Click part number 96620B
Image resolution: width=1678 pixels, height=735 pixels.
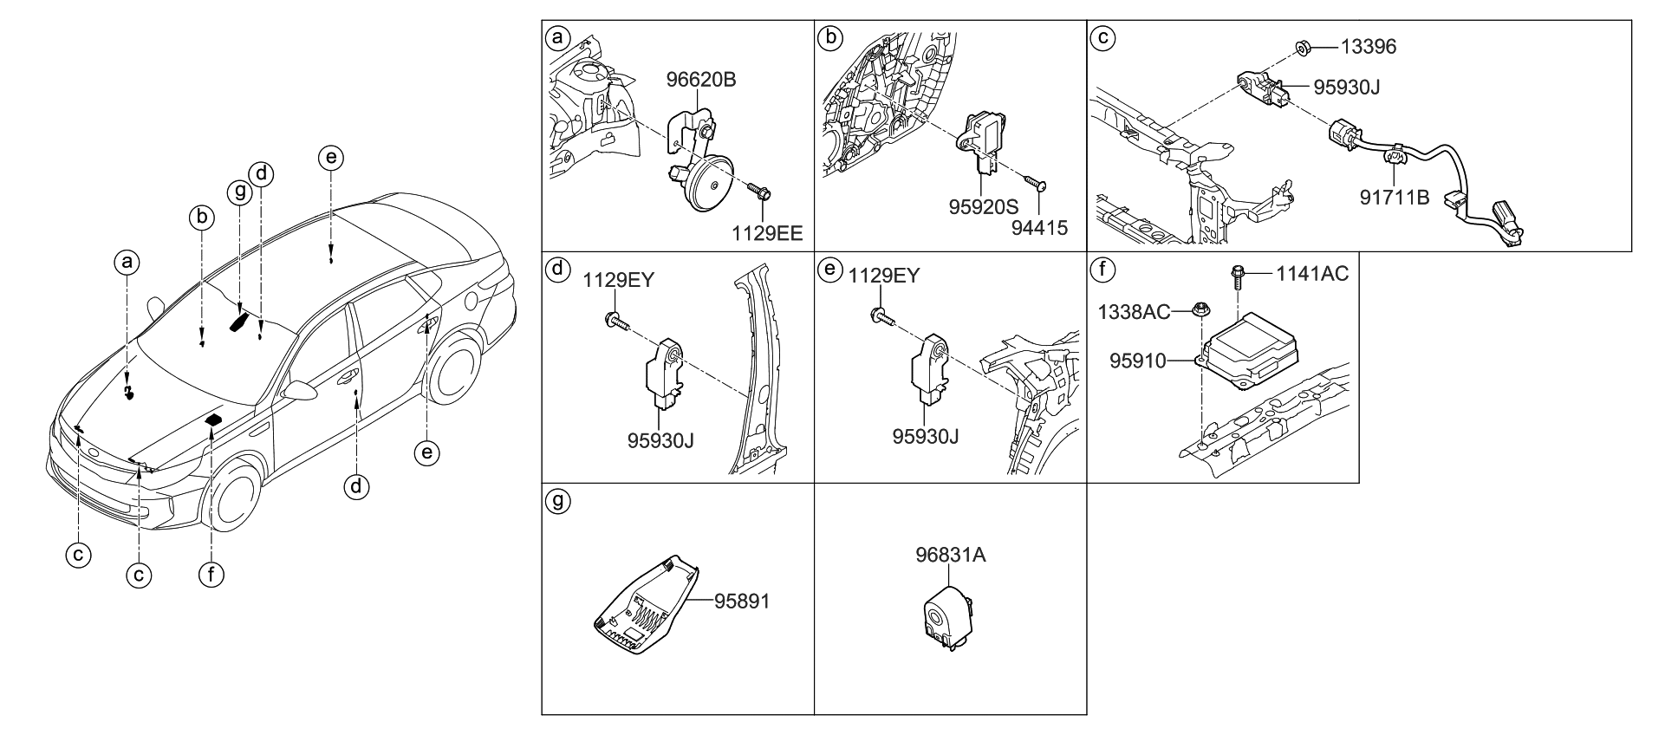700,81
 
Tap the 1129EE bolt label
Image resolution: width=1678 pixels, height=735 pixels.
766,232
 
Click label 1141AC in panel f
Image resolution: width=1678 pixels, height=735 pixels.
1311,275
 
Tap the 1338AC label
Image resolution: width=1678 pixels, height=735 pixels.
1135,312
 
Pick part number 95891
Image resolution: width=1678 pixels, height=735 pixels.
742,601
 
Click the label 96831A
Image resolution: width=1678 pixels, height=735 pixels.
950,556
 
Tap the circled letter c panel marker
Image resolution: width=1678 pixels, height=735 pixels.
1102,38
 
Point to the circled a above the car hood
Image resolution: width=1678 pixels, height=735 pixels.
127,262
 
